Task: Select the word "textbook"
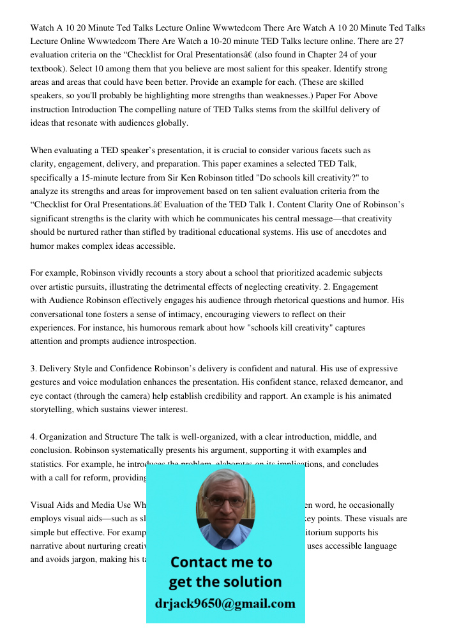pos(49,68)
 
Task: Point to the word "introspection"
pos(170,341)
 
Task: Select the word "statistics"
pos(49,464)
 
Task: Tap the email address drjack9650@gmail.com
pos(225,604)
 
